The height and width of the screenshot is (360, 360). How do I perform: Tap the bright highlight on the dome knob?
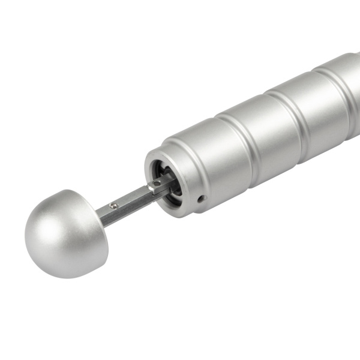pos(45,222)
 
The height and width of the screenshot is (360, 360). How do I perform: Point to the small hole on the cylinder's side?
pos(202,198)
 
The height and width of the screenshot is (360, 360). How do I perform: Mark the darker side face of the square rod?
pos(129,210)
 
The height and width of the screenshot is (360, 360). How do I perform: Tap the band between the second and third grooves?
pos(318,102)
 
